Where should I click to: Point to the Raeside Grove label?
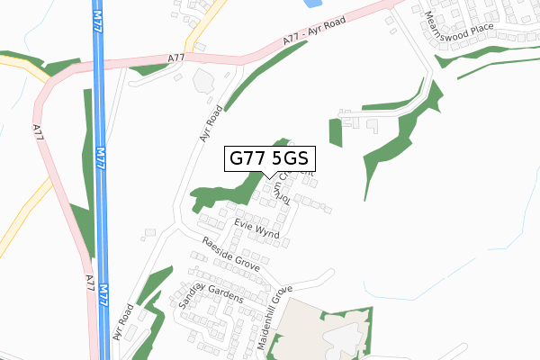coord(231,256)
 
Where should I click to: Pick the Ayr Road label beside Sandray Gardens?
coord(123,321)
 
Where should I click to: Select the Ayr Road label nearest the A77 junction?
coord(211,125)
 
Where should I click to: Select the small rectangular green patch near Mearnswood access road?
coord(336,132)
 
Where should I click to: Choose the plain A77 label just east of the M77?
coord(175,58)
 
